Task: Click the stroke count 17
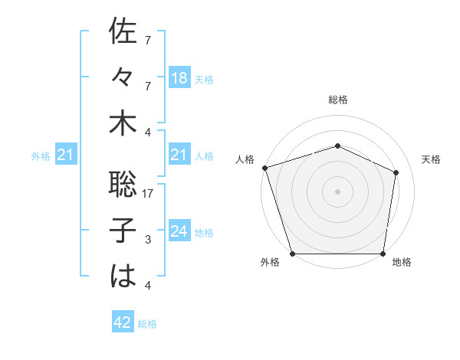pyautogui.click(x=149, y=195)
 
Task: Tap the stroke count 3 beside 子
pyautogui.click(x=148, y=241)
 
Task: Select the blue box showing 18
pyautogui.click(x=179, y=77)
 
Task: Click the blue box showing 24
pyautogui.click(x=179, y=231)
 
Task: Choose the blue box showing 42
pyautogui.click(x=122, y=322)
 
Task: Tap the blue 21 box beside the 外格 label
pyautogui.click(x=65, y=155)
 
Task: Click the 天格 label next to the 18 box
pyautogui.click(x=204, y=79)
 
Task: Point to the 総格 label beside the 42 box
pyautogui.click(x=147, y=324)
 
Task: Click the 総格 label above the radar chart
pyautogui.click(x=338, y=100)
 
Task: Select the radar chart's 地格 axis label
pyautogui.click(x=402, y=262)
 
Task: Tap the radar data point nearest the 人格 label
pyautogui.click(x=264, y=168)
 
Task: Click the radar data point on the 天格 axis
pyautogui.click(x=396, y=172)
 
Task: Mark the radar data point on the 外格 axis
pyautogui.click(x=293, y=254)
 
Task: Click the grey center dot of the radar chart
pyautogui.click(x=338, y=191)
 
